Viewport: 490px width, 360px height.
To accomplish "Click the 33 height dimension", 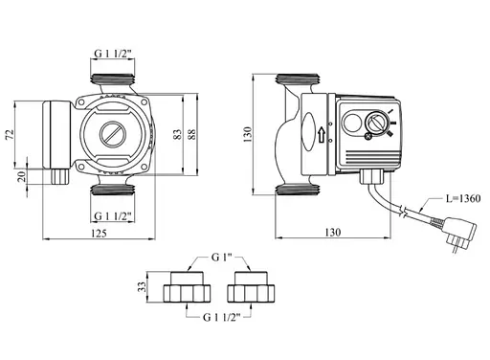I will [144, 285].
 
